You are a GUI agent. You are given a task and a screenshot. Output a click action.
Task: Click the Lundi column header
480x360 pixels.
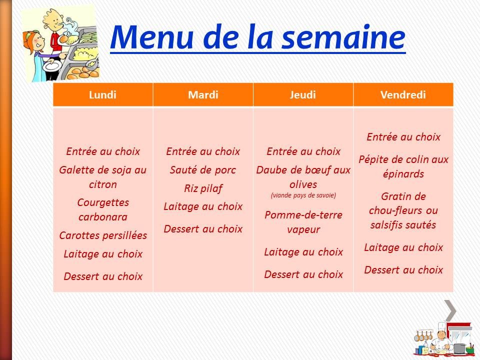coord(102,95)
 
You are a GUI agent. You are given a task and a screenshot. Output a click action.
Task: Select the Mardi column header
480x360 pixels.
coord(203,95)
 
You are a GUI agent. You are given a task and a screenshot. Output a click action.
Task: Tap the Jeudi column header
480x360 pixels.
coord(303,95)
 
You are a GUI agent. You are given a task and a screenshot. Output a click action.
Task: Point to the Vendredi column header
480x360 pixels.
coord(403,95)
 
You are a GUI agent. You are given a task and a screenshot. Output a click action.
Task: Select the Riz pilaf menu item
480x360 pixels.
coord(203,188)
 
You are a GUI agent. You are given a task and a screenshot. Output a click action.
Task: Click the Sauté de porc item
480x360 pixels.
coord(203,170)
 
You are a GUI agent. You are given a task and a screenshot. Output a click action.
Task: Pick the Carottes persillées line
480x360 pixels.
coord(103,235)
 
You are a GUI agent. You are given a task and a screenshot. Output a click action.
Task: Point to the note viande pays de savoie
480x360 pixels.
coord(303,195)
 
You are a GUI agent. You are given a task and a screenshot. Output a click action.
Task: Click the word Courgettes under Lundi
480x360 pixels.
coord(103,202)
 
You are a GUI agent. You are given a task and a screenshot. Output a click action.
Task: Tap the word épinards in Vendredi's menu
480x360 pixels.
coord(403,174)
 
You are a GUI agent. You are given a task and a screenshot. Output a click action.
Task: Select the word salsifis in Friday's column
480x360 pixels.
coord(386,225)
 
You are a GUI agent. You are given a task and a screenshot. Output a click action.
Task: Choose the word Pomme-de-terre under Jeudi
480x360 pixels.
coord(303,215)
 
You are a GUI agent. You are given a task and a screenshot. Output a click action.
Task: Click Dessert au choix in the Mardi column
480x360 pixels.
coord(203,229)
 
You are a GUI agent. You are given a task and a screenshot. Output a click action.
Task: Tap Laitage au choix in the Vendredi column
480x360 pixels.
coord(403,247)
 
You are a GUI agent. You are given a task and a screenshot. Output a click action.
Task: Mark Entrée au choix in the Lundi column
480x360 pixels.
coord(103,151)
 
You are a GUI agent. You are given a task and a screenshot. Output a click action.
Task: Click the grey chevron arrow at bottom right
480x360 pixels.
coord(450,310)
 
